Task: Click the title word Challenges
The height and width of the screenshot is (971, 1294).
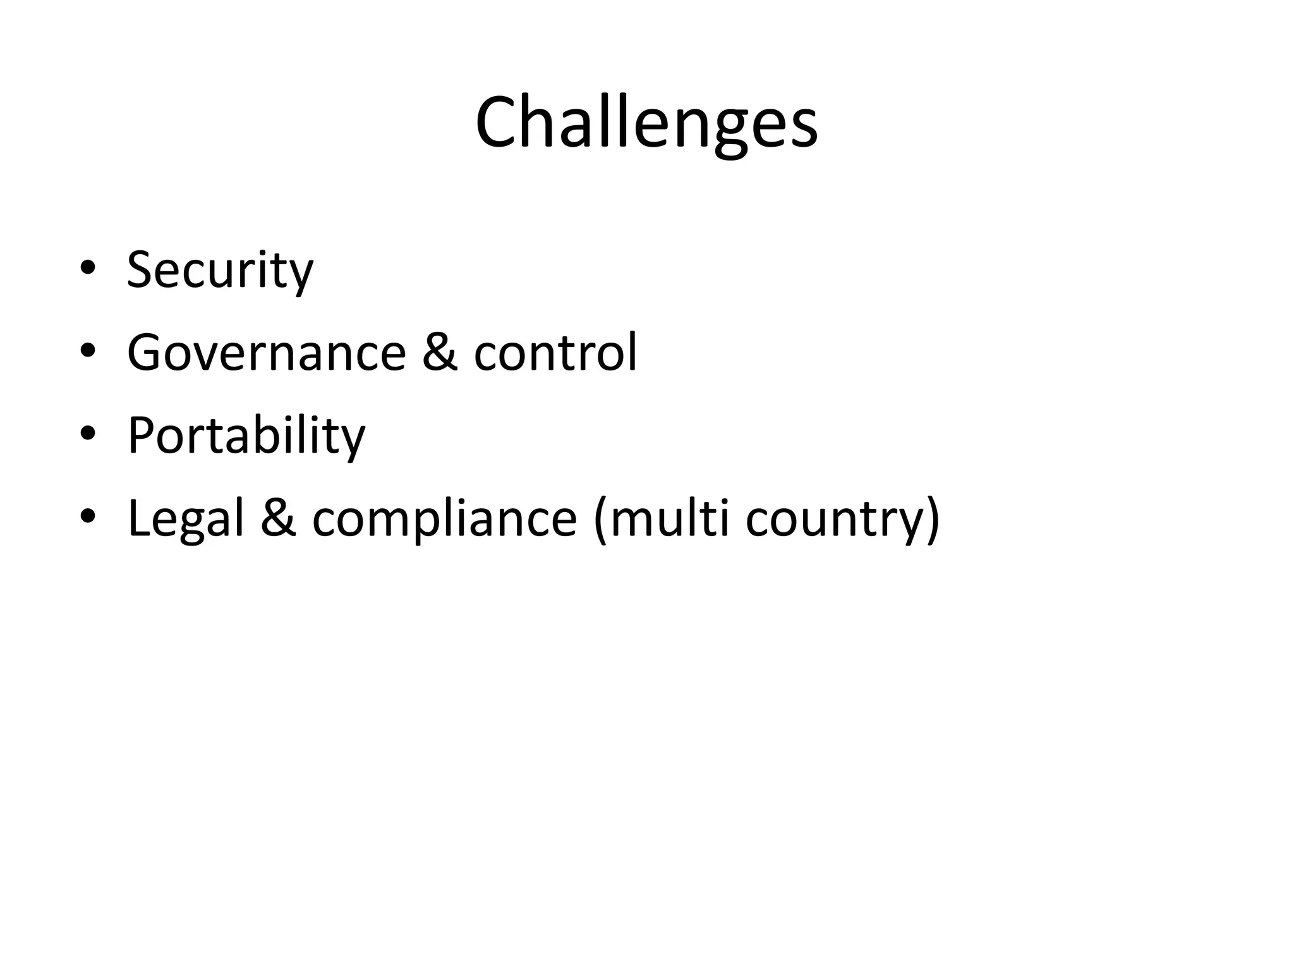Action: [x=646, y=123]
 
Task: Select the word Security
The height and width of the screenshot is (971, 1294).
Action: [x=220, y=270]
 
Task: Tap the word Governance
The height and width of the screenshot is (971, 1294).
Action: [x=266, y=353]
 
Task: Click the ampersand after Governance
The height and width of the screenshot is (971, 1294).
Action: [x=439, y=352]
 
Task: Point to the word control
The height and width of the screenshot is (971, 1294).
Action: [x=555, y=352]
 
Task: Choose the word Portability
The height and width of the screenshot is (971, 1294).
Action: [x=246, y=436]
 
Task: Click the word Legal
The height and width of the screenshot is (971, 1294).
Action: [x=185, y=519]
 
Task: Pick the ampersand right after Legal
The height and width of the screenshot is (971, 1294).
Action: [x=278, y=518]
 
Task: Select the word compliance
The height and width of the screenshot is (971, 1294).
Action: [x=444, y=519]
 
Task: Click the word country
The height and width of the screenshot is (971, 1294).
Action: [x=832, y=519]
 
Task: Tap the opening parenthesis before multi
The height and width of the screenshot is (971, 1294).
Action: [x=600, y=519]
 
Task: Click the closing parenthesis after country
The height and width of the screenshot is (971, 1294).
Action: [x=932, y=519]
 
